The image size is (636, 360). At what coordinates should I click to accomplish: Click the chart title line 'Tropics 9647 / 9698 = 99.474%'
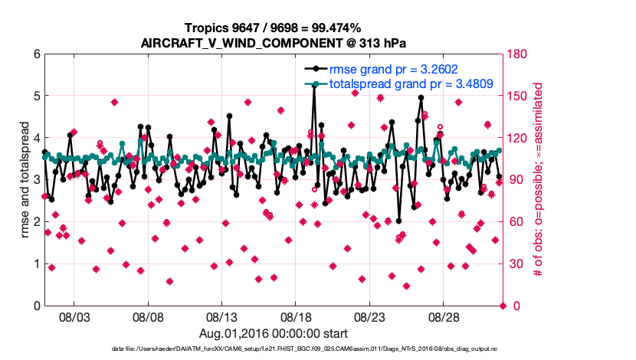tap(274, 28)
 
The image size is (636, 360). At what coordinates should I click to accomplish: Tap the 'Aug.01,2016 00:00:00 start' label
tap(274, 333)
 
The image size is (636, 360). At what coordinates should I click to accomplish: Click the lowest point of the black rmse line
tap(399, 221)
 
